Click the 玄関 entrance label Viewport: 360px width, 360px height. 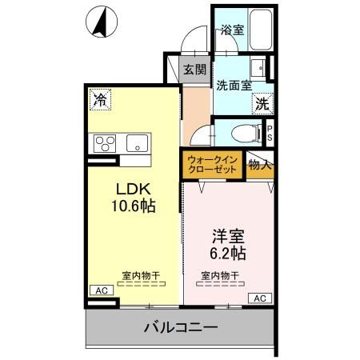[x=194, y=70]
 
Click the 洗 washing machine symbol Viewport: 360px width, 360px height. [x=262, y=102]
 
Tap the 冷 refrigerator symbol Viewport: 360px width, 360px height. [x=101, y=99]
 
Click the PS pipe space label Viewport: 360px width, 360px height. [x=270, y=133]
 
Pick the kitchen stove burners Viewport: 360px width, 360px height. [x=106, y=144]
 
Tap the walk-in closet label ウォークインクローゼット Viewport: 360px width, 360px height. [x=211, y=166]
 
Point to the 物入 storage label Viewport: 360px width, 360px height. [x=260, y=166]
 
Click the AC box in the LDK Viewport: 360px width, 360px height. [x=102, y=290]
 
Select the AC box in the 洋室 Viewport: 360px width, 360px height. [x=259, y=298]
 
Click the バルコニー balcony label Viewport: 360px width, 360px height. [x=181, y=327]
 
